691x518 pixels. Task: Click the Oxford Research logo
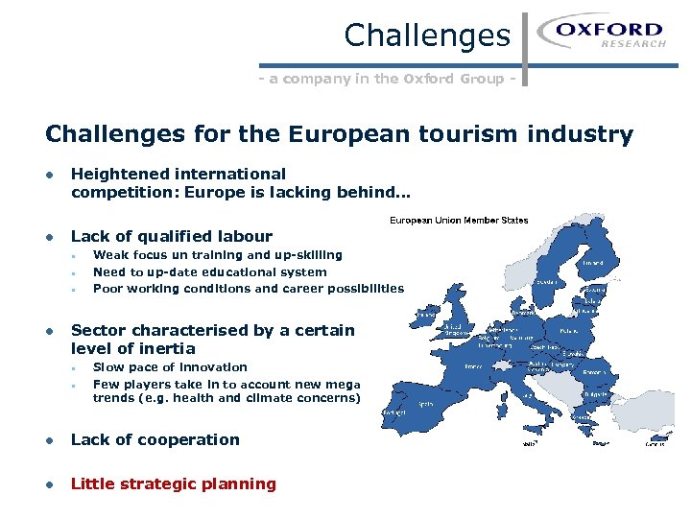point(603,35)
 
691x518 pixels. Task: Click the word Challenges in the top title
point(427,35)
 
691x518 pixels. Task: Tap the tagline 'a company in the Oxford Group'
point(388,79)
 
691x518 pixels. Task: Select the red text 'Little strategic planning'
point(174,484)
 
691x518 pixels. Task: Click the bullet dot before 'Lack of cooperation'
point(47,440)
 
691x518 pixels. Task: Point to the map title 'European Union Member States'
point(458,221)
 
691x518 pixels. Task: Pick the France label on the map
point(474,365)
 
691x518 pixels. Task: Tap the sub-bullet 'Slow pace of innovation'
point(170,367)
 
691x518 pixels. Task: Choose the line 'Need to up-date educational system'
point(209,272)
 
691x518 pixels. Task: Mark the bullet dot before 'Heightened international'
point(47,175)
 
